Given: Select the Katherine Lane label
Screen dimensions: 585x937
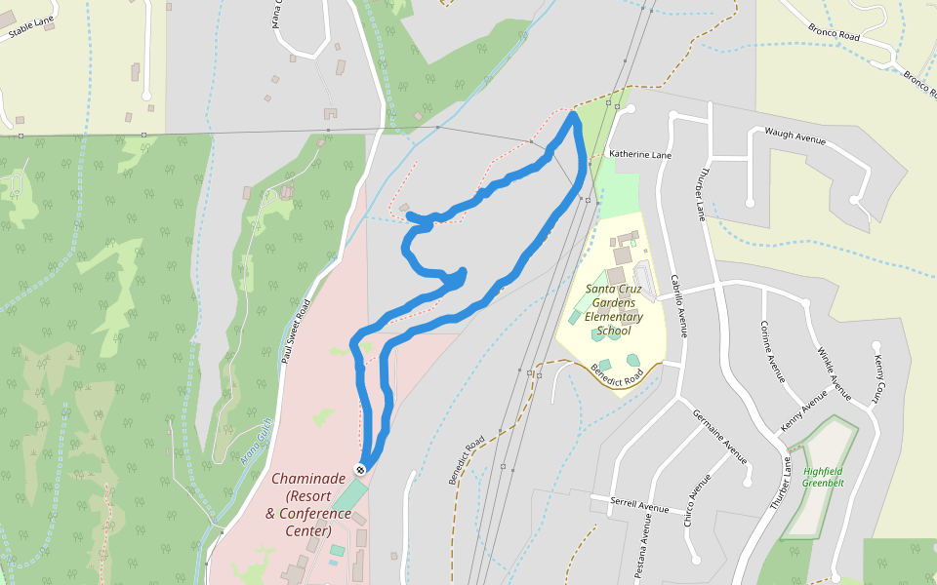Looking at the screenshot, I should coord(640,154).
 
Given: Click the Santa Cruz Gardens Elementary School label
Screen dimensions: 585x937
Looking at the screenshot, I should coord(613,309).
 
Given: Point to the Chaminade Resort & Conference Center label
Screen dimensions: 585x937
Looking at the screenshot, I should coord(307,504).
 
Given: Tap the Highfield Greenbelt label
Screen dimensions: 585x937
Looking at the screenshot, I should coord(823,477).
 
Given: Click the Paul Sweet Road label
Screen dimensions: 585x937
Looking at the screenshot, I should coord(300,331).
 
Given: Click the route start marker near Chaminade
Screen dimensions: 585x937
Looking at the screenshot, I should coord(360,469).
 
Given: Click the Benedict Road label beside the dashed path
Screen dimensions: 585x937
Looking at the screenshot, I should coord(467,461).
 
